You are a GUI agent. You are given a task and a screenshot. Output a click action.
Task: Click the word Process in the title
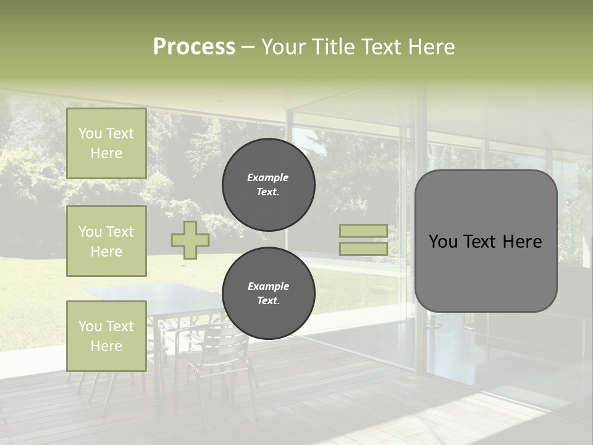(194, 47)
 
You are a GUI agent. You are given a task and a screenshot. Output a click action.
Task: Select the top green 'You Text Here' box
(106, 143)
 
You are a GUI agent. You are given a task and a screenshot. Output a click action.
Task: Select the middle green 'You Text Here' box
(106, 241)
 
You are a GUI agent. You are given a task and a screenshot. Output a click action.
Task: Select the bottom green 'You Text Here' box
(106, 336)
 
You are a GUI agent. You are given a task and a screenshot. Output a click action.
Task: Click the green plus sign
(190, 240)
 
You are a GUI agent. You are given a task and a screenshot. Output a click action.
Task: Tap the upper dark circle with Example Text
(268, 185)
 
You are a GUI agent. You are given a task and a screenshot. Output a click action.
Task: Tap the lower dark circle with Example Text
(268, 294)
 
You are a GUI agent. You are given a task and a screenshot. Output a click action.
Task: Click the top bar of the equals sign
(363, 231)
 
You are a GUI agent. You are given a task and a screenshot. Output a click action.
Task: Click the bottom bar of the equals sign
(363, 248)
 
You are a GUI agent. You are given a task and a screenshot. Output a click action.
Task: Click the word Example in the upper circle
(268, 177)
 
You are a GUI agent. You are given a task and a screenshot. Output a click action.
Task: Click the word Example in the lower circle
(268, 286)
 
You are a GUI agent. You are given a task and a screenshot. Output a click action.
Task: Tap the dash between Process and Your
(248, 48)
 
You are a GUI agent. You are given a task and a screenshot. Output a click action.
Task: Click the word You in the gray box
(443, 242)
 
